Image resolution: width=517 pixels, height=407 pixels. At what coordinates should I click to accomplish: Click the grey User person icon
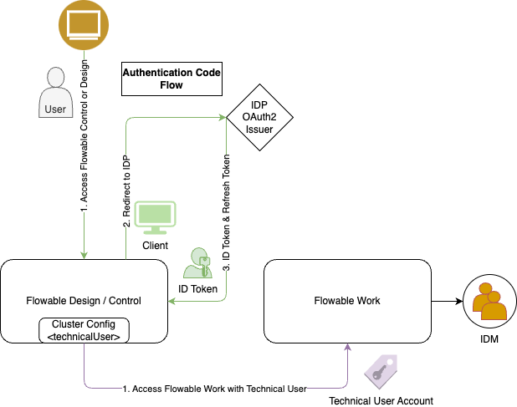pos(55,92)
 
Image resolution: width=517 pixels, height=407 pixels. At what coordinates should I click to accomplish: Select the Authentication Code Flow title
pos(171,79)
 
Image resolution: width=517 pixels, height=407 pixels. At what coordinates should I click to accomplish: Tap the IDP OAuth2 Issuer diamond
pos(258,117)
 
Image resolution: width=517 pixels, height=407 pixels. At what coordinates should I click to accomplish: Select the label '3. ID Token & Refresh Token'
pos(227,211)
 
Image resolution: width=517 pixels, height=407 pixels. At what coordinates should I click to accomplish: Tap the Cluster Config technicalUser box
pos(84,330)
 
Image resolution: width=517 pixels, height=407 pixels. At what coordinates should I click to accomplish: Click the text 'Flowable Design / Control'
pos(84,301)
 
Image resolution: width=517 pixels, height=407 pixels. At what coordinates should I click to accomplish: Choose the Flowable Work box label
pos(347,301)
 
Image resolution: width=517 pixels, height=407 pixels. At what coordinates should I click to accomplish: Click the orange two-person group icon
pos(489,302)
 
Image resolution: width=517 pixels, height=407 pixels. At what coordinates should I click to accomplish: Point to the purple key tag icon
pos(379,369)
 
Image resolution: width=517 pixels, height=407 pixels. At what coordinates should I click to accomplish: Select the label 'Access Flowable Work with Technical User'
pos(214,389)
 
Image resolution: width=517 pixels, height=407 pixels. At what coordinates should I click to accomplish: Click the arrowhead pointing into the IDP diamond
pos(223,117)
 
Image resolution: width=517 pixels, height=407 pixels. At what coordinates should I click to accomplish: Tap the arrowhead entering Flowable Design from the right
pos(172,301)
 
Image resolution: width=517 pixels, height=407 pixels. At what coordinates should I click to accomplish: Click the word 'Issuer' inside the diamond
pos(258,130)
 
